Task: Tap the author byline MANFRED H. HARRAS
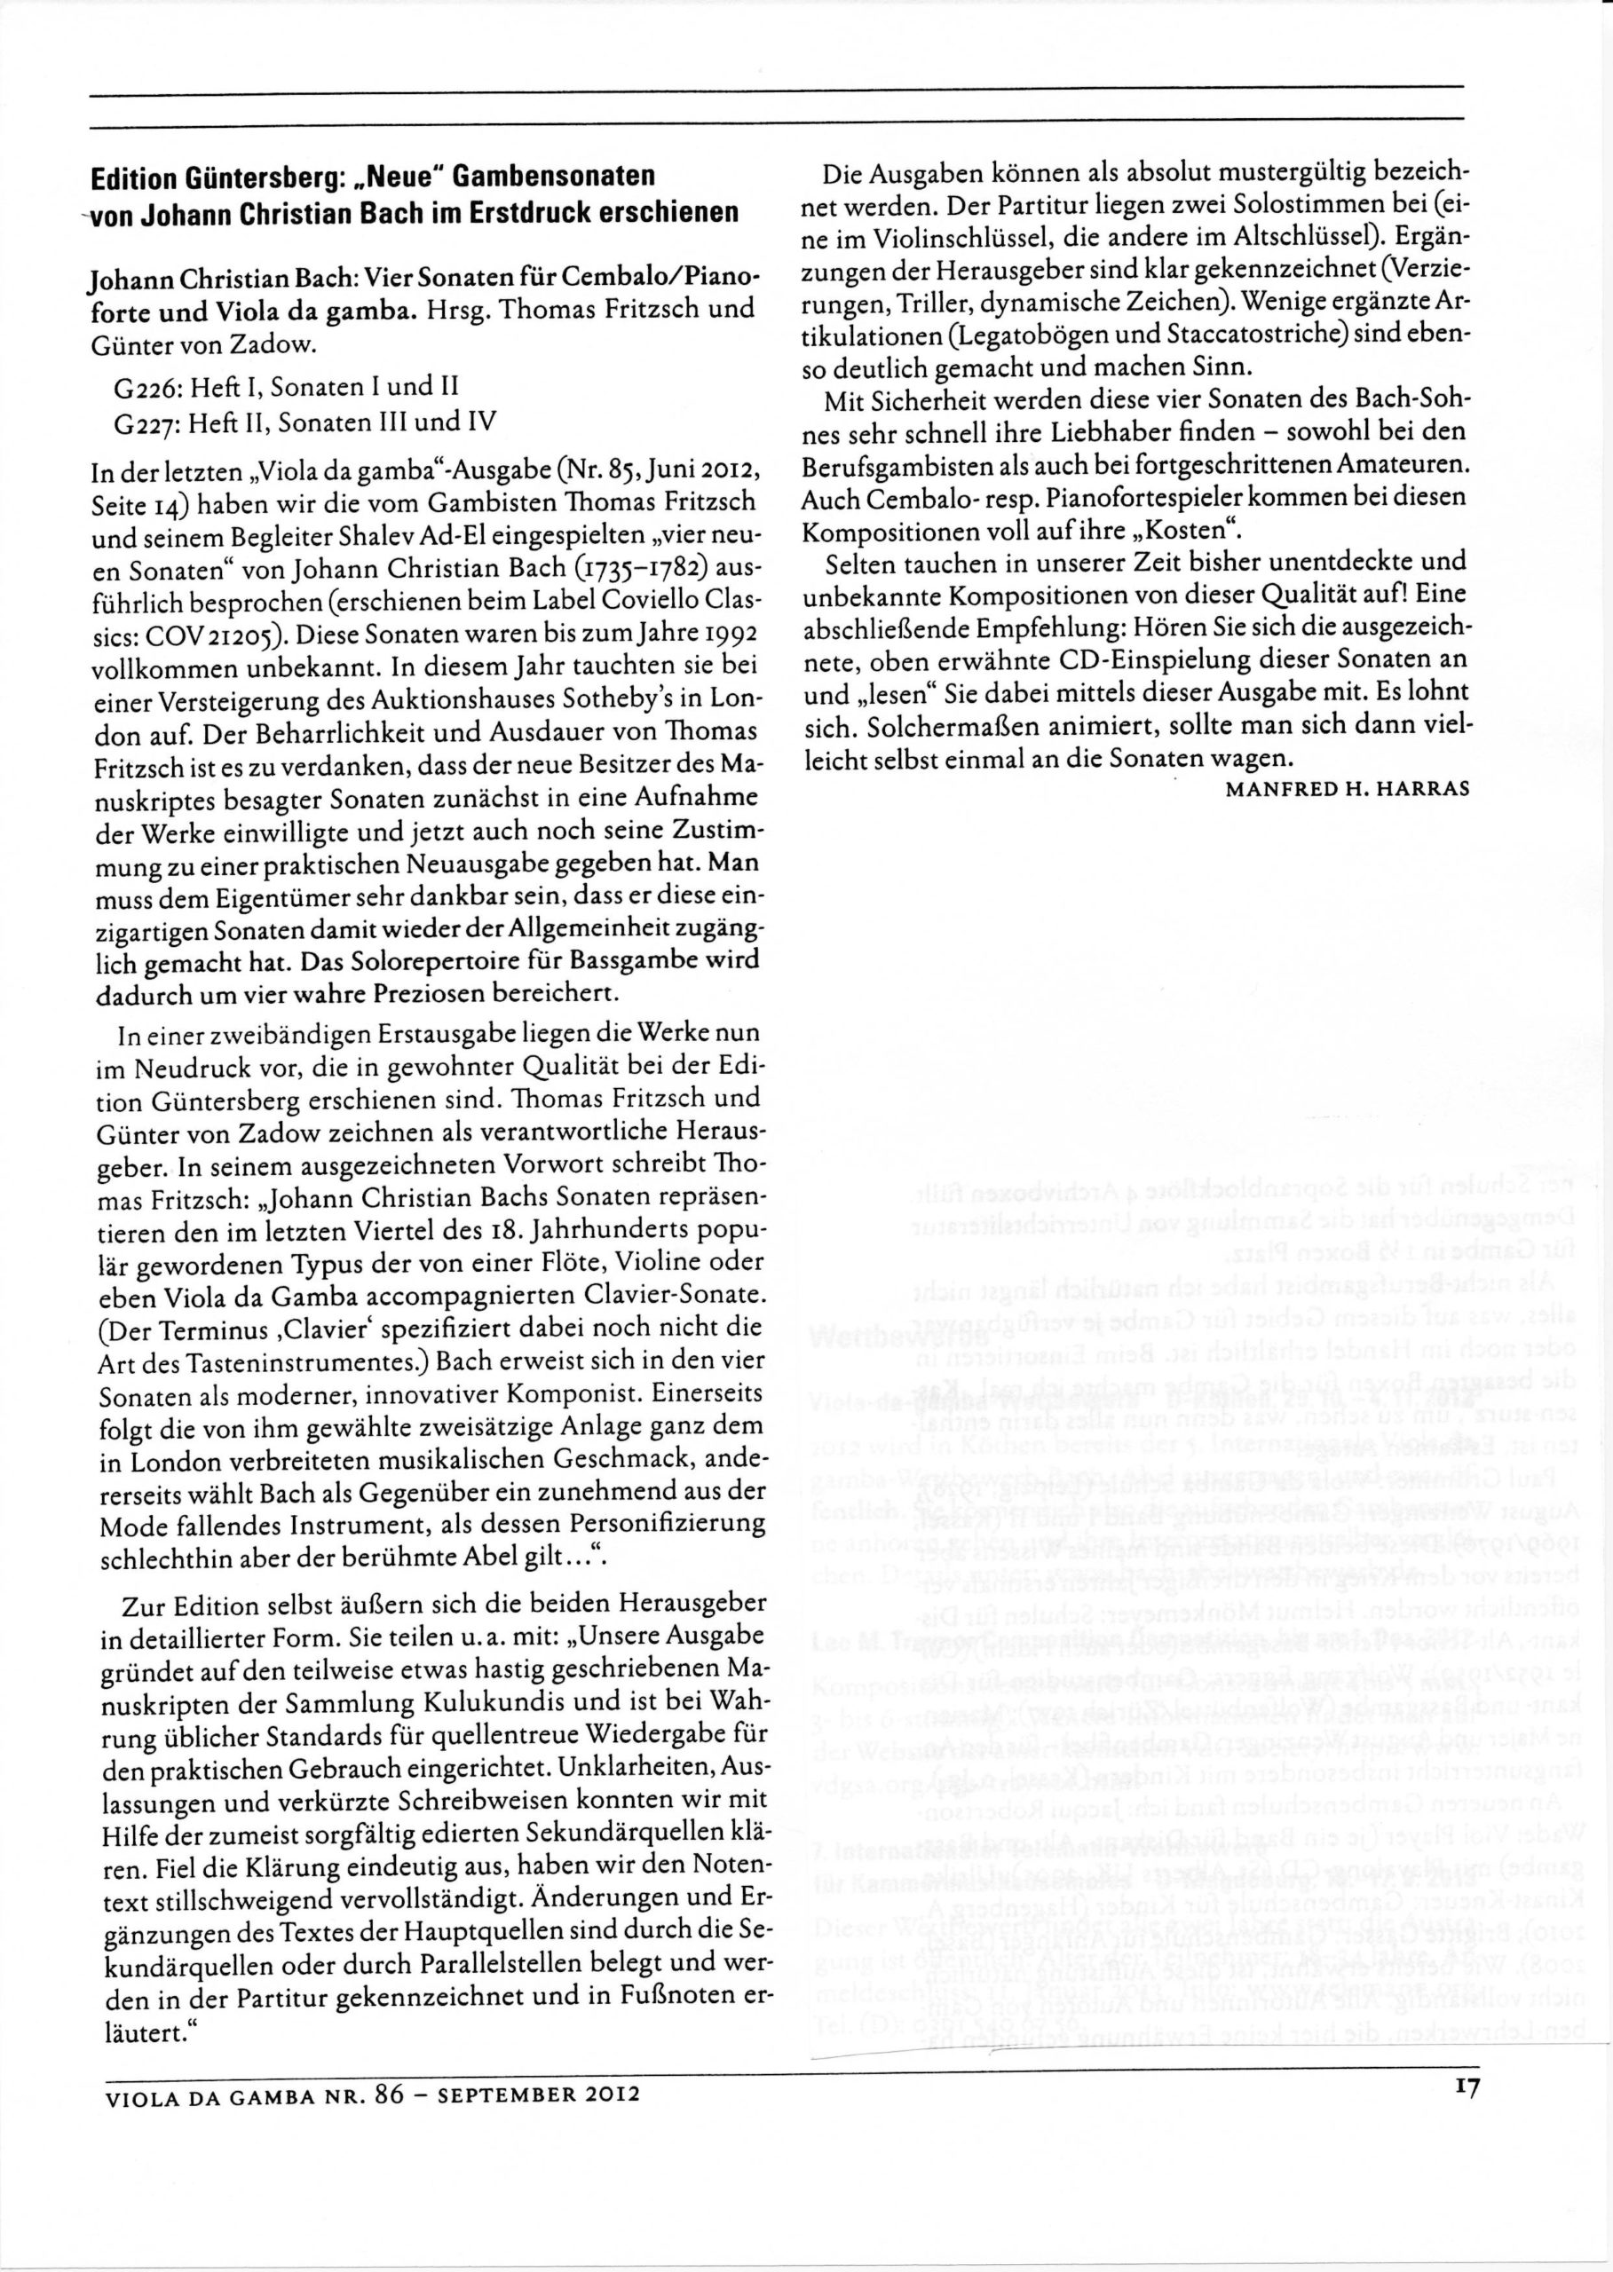tap(1347, 791)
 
